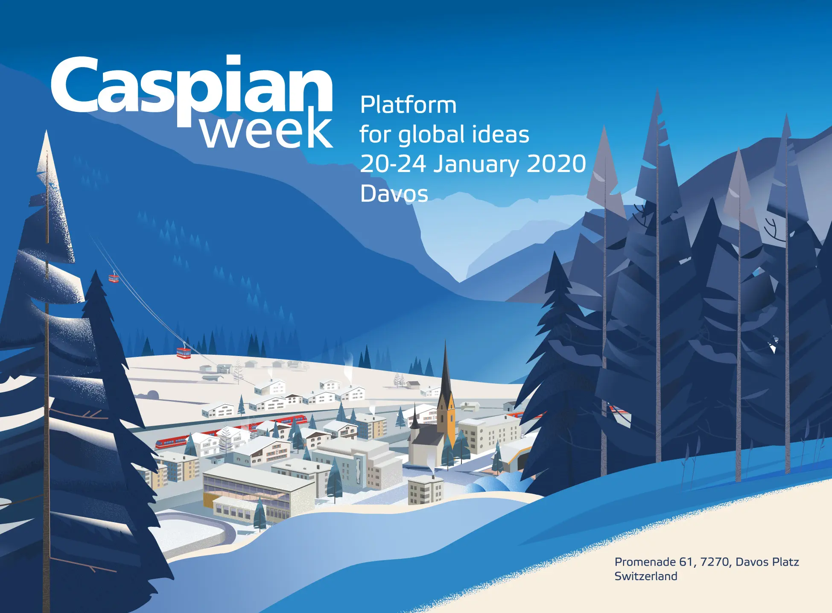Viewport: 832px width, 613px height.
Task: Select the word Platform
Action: point(408,105)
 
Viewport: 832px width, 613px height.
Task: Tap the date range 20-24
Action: point(393,164)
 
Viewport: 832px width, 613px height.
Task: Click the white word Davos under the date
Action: point(394,194)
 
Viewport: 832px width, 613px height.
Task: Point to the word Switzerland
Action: point(646,576)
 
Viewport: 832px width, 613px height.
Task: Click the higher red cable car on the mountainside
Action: point(114,278)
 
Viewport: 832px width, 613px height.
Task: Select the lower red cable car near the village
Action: point(184,353)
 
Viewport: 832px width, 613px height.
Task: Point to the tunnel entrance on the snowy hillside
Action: point(152,394)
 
